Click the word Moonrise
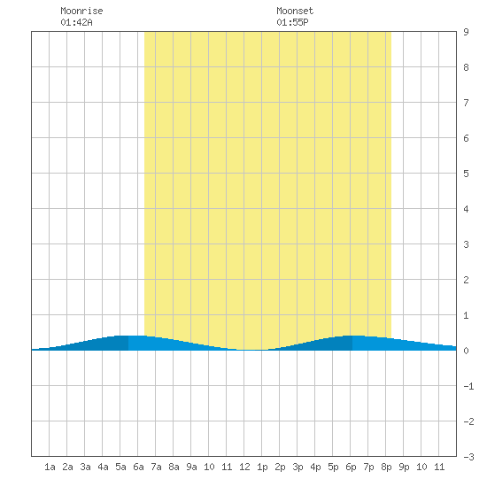pos(81,11)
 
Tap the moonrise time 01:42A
pos(76,22)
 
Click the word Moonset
pos(295,11)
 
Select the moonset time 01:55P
pos(292,22)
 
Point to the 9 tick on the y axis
pos(466,32)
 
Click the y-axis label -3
pos(468,457)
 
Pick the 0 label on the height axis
pos(466,351)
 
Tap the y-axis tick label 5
pos(466,174)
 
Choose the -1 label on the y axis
pos(468,386)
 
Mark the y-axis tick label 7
pos(466,103)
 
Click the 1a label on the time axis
pos(50,467)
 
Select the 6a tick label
pos(138,467)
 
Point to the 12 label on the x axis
pos(244,467)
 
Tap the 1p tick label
pos(262,467)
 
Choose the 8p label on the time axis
pos(386,467)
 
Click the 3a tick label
pos(85,467)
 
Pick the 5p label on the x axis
pos(333,467)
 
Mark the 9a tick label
pos(191,467)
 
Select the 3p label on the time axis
pos(298,467)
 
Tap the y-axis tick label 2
pos(466,280)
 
